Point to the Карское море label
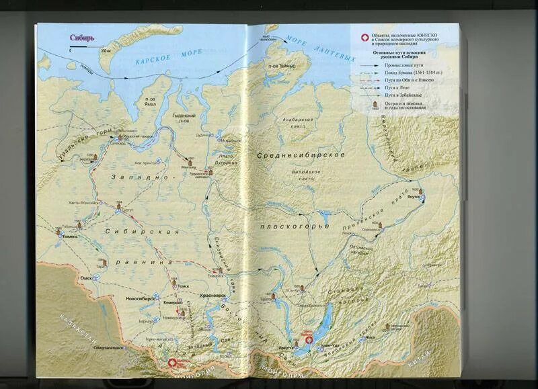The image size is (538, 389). point(159,60)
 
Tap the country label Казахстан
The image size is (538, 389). point(74,328)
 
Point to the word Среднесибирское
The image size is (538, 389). point(301,155)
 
